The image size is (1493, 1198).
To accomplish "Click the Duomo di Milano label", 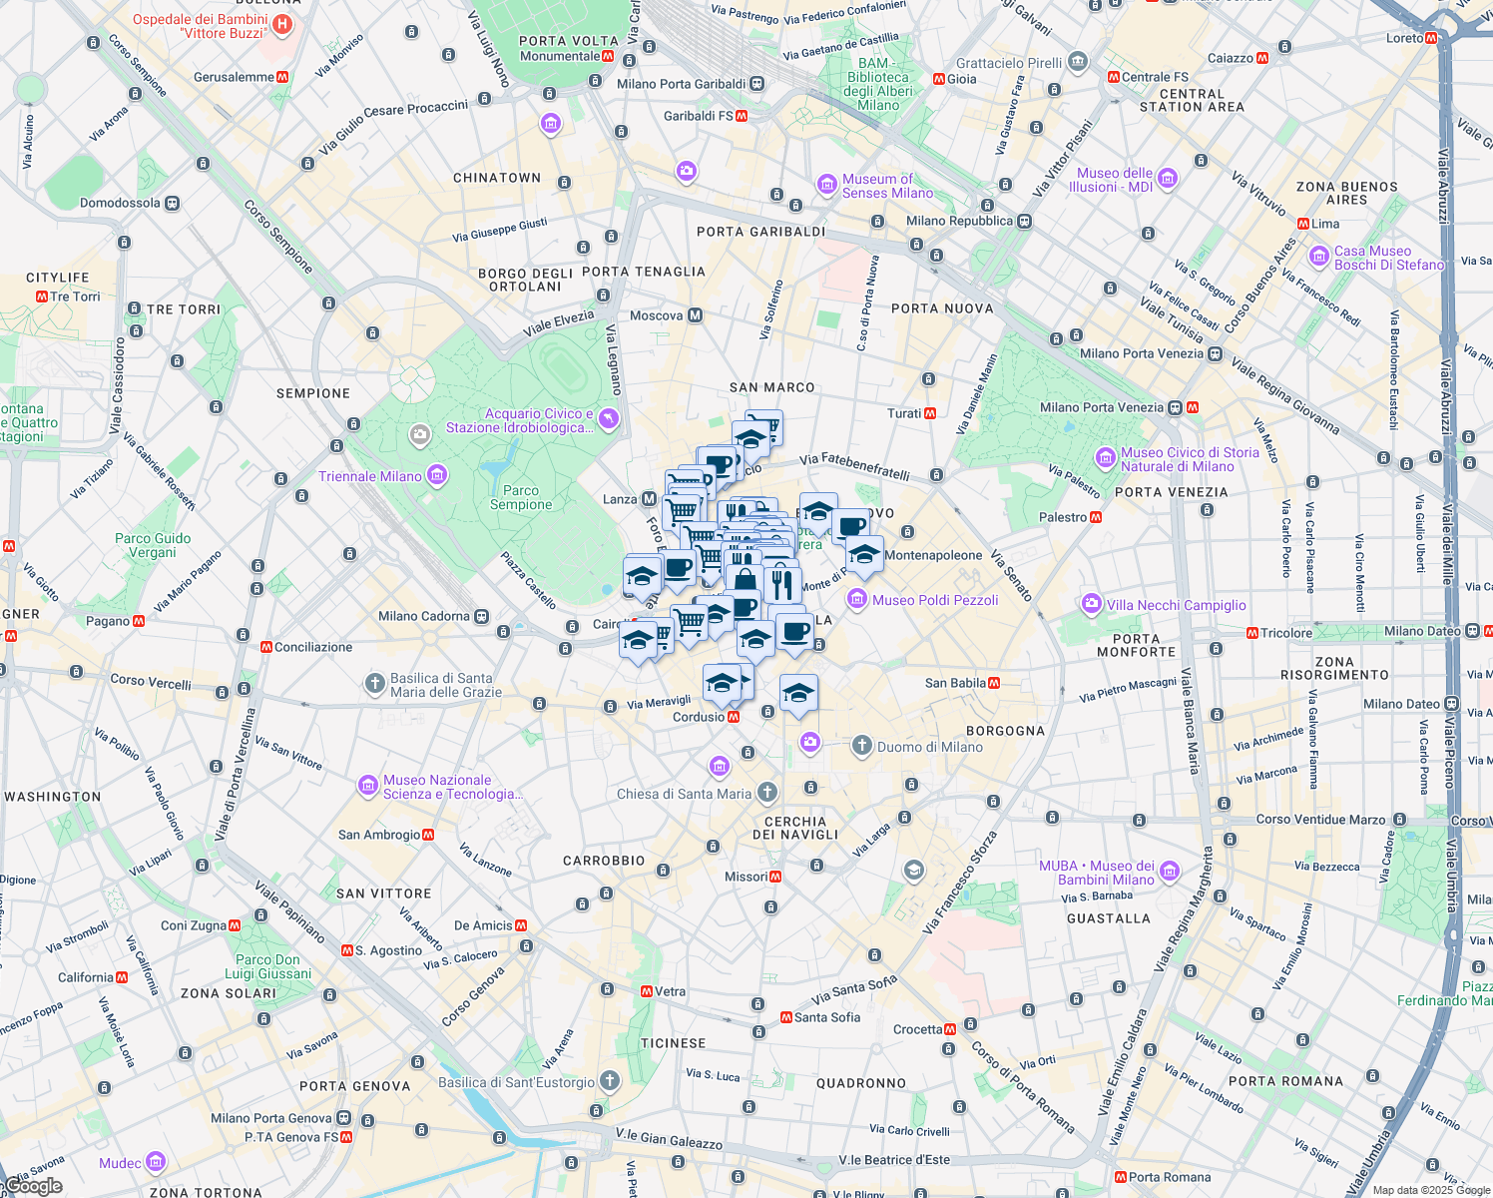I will [929, 747].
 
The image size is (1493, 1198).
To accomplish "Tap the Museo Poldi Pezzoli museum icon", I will [856, 599].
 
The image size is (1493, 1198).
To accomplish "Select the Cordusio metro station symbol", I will [734, 717].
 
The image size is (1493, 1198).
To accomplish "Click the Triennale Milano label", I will [370, 476].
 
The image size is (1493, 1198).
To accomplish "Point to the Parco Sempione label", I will [521, 497].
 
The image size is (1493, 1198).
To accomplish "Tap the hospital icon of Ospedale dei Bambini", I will [282, 24].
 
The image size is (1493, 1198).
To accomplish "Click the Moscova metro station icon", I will [696, 315].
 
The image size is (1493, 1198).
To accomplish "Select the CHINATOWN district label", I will [497, 178].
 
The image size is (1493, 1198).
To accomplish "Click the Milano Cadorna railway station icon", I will [482, 616].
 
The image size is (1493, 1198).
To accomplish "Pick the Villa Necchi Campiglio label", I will [1176, 605].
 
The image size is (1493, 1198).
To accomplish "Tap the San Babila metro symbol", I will [993, 683].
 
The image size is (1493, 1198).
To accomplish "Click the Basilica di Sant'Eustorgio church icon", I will [609, 1081].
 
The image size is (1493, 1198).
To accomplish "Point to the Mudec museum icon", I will [155, 1162].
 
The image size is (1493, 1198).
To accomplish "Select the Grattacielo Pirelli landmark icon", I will [1077, 63].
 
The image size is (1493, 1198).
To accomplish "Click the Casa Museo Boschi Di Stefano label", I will [1388, 258].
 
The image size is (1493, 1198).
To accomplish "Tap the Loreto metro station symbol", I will [1431, 38].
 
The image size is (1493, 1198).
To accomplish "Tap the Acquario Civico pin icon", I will [609, 419].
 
